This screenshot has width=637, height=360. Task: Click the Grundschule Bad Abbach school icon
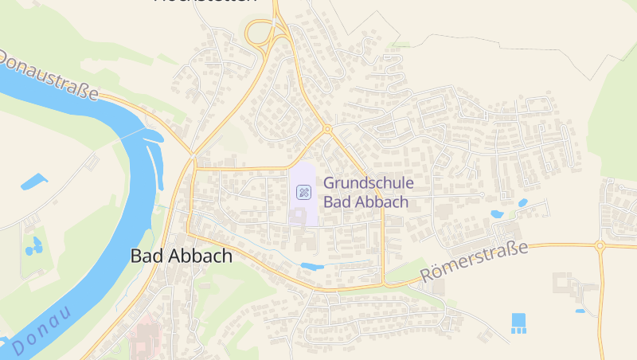click(303, 191)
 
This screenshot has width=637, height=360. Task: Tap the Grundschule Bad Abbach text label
click(369, 192)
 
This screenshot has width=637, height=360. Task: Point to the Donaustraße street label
click(49, 76)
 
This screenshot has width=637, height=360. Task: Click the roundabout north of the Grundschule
click(326, 129)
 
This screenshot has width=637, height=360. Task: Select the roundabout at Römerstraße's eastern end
click(600, 246)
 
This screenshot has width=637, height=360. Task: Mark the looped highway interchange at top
click(260, 33)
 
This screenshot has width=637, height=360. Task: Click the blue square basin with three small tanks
click(519, 323)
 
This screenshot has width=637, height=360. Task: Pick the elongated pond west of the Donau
click(34, 182)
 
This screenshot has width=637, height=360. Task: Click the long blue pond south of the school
click(312, 266)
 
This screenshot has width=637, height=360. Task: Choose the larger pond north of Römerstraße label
click(497, 214)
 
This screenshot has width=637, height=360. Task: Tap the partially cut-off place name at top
click(205, 2)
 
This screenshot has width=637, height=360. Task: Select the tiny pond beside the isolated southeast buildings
click(580, 311)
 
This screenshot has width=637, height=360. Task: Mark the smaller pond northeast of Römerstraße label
click(523, 203)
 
